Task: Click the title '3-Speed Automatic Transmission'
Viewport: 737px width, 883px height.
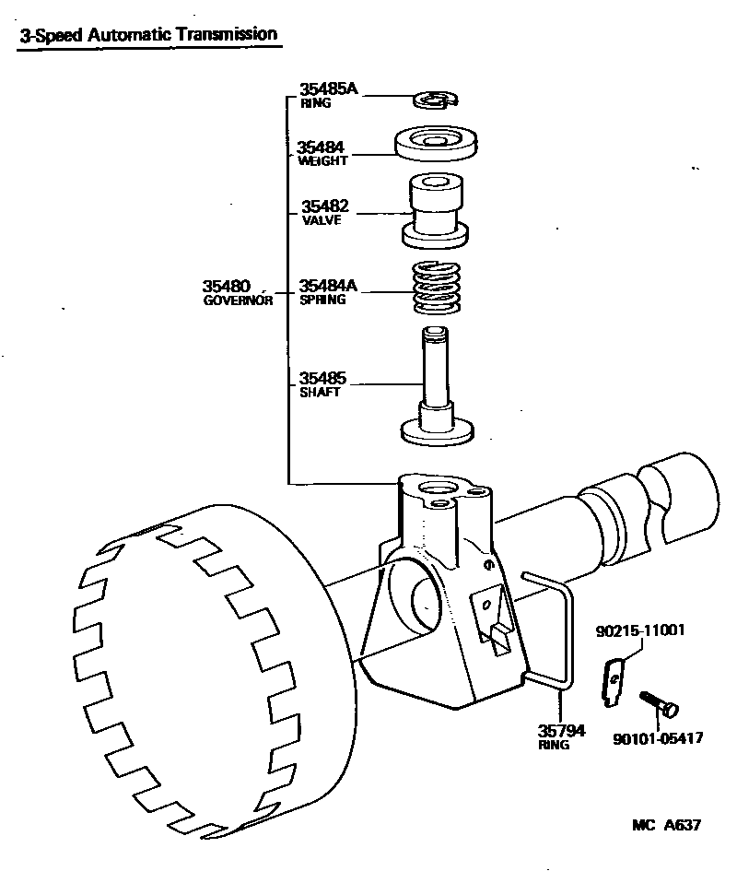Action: pyautogui.click(x=147, y=35)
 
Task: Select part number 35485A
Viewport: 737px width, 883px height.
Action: pyautogui.click(x=328, y=89)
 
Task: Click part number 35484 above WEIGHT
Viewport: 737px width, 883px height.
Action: pyautogui.click(x=321, y=147)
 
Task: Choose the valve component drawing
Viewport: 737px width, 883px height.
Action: pyautogui.click(x=435, y=211)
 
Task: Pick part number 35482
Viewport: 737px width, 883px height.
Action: pyautogui.click(x=325, y=206)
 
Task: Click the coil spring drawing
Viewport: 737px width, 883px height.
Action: pyautogui.click(x=436, y=288)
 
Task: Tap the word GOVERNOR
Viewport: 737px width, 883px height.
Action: pyautogui.click(x=238, y=300)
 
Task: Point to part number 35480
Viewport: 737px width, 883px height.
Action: pyautogui.click(x=227, y=287)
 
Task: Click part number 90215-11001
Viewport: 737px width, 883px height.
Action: pyautogui.click(x=639, y=630)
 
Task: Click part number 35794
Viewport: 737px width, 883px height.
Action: pyautogui.click(x=561, y=731)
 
